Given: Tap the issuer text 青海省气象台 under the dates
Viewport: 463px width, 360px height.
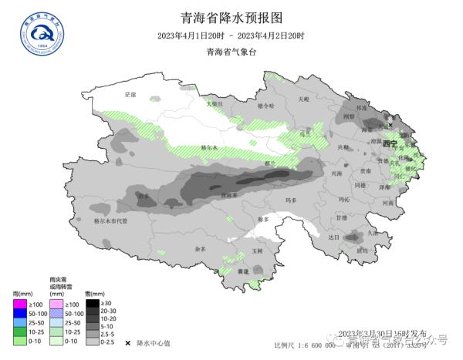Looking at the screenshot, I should coord(231,52).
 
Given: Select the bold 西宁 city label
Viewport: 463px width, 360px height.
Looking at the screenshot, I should coord(390,143).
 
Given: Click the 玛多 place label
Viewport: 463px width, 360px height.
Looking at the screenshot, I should coord(291,200).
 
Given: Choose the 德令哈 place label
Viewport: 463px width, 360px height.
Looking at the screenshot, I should coord(265,106).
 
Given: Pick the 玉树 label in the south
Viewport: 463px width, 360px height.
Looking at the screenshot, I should coord(258,251).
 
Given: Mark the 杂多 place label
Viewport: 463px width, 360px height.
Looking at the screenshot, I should coord(200,249).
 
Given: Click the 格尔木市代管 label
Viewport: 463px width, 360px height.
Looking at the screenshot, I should coord(110,220).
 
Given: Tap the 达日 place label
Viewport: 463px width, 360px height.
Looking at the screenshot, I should coord(333,237).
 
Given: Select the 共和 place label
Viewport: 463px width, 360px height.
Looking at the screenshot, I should coord(343,146).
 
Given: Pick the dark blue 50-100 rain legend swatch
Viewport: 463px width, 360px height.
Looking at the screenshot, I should coord(20,314).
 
